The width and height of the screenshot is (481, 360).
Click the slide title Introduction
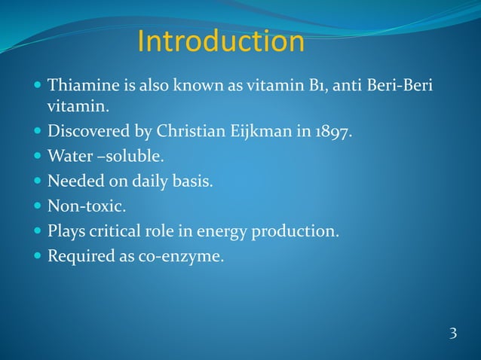221,42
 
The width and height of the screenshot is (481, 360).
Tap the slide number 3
452,334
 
